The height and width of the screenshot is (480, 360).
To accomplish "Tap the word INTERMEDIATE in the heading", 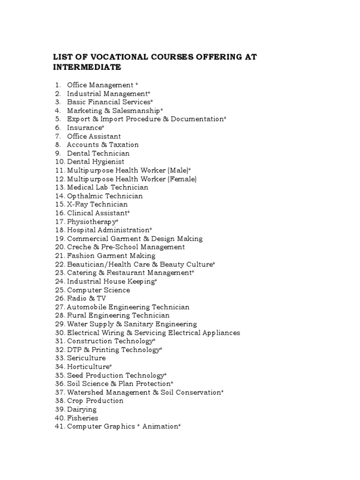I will click(x=87, y=67).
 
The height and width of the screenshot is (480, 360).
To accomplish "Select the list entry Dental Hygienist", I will click(x=96, y=162).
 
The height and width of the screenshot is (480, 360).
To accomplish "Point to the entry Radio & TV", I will click(x=87, y=299).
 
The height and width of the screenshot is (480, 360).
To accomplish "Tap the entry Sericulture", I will click(x=86, y=358).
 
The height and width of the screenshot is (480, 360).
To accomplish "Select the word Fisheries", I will click(x=82, y=418).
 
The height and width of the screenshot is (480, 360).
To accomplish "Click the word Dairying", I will click(x=82, y=410).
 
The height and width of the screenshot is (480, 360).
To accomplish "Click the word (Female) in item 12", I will click(x=182, y=179).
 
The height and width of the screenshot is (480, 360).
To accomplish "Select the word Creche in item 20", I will click(x=78, y=247).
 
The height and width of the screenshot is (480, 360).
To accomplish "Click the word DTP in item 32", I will click(x=75, y=350).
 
